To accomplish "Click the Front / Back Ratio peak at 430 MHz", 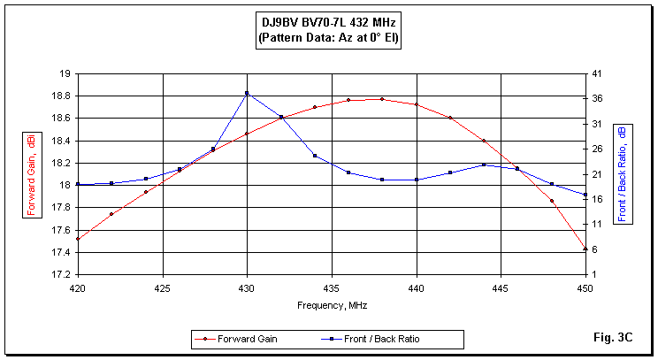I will [x=247, y=93].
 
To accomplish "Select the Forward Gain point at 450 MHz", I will [x=585, y=249].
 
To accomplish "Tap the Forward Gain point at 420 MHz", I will [x=78, y=239].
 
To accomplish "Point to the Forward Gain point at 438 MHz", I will [x=382, y=99].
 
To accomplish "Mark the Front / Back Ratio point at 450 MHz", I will [x=585, y=195].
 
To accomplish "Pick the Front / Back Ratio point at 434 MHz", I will [x=315, y=156].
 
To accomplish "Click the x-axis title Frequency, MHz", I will [x=332, y=305].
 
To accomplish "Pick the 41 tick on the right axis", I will [x=598, y=73].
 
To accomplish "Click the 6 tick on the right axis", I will [x=595, y=249].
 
